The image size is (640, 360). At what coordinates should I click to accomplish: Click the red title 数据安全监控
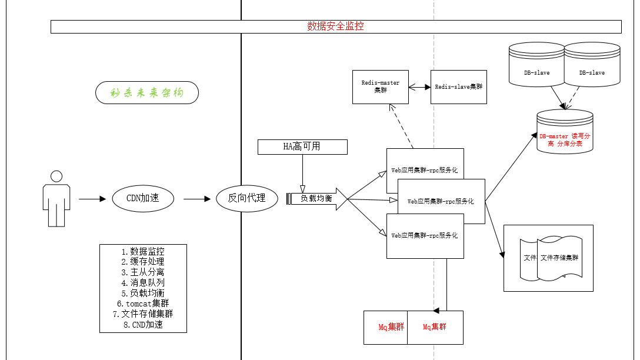click(335, 26)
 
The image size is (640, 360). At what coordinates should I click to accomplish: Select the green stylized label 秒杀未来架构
click(146, 93)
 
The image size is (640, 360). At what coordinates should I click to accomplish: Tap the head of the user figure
click(56, 176)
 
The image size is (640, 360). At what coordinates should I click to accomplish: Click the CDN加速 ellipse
click(143, 199)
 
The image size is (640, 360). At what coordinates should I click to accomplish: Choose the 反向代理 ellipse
click(246, 199)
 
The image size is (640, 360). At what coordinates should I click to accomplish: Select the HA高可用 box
click(302, 146)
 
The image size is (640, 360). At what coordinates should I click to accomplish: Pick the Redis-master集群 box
click(380, 87)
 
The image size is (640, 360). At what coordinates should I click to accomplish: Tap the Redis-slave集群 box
click(458, 87)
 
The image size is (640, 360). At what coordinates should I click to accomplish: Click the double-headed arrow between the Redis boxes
click(419, 87)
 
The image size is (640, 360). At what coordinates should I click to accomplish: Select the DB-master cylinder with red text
click(565, 140)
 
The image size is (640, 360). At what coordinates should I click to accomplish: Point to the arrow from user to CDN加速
click(91, 199)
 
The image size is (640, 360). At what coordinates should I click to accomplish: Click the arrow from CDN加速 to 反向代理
click(196, 199)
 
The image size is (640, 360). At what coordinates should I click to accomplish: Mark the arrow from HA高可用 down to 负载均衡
click(302, 174)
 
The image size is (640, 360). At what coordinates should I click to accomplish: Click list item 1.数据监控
click(143, 252)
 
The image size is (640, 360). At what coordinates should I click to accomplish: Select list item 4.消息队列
click(143, 282)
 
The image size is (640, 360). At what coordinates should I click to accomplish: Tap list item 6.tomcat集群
click(143, 304)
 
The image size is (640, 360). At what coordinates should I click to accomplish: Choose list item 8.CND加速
click(143, 324)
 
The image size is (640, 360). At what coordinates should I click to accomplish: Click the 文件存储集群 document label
click(559, 258)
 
